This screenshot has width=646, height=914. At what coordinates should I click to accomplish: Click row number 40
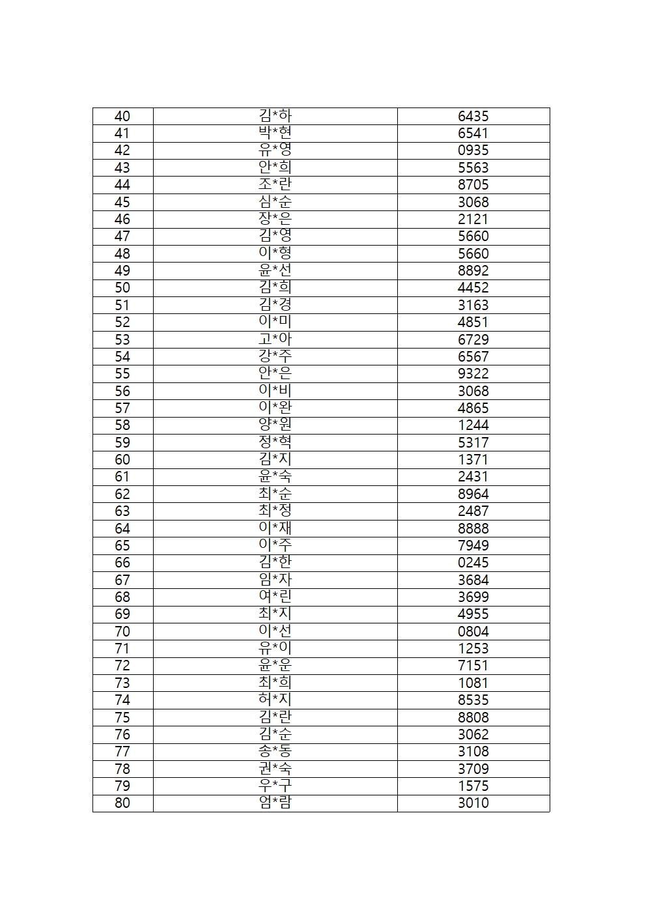click(122, 117)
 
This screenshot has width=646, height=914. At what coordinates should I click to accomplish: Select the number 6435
click(473, 117)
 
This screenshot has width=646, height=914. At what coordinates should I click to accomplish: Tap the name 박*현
click(275, 134)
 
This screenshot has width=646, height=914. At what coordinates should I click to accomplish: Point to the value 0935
click(473, 150)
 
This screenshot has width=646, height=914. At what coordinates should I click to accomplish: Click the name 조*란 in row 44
click(275, 185)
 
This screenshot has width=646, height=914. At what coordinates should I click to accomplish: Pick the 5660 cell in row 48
click(473, 253)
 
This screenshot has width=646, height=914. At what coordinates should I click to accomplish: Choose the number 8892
click(473, 271)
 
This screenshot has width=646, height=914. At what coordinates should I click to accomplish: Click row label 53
click(122, 339)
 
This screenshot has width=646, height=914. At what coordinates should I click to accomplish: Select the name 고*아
click(275, 339)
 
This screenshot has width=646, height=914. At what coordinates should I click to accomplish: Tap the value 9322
click(473, 374)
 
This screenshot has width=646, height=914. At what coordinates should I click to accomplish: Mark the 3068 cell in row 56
click(473, 391)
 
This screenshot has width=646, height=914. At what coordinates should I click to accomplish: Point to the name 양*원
click(275, 425)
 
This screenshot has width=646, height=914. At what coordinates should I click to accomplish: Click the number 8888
click(473, 528)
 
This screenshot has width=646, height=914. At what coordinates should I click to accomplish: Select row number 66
click(122, 563)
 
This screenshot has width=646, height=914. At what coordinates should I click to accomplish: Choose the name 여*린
click(275, 597)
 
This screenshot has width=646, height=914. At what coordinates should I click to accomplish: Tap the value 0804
click(473, 631)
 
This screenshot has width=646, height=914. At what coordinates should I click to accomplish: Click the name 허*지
click(275, 700)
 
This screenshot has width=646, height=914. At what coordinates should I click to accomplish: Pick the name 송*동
click(275, 751)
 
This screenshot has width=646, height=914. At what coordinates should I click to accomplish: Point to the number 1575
click(473, 786)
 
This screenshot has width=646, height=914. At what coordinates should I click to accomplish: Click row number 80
click(122, 803)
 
